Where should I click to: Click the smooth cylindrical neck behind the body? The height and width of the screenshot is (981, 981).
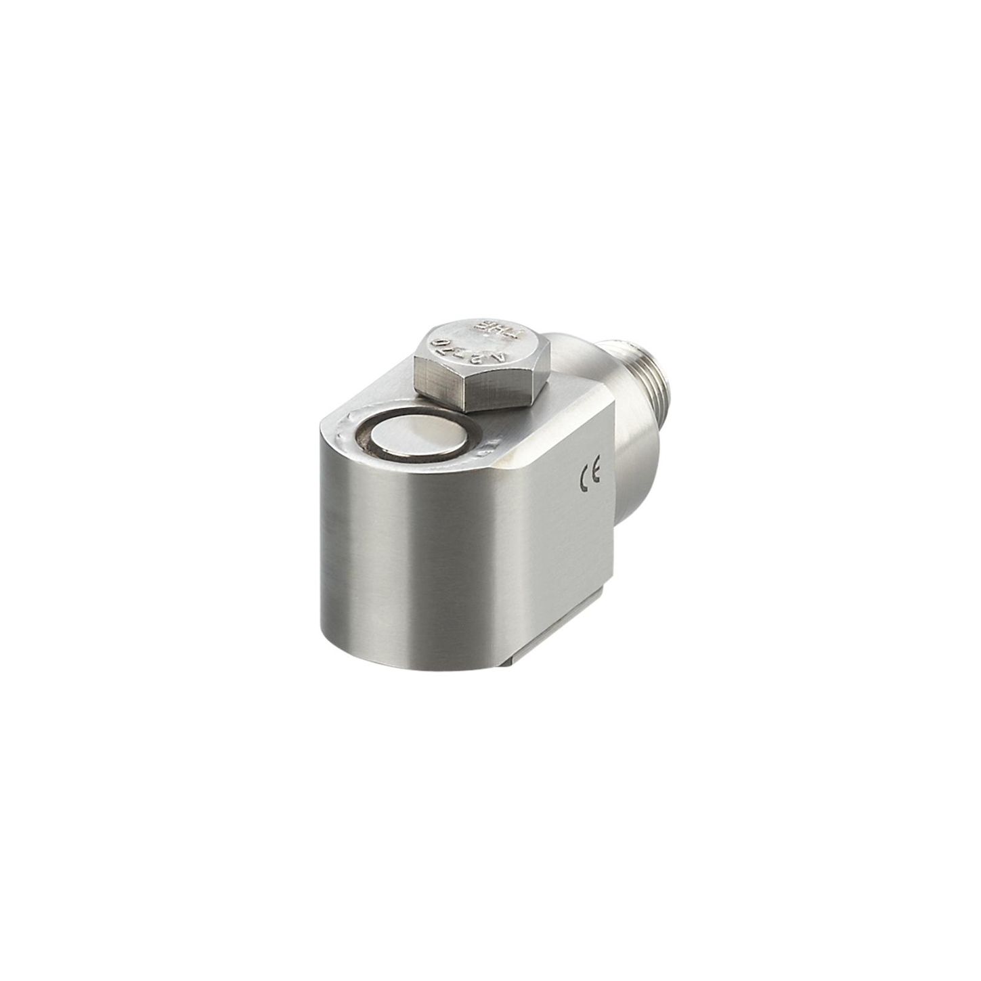(x=636, y=447)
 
